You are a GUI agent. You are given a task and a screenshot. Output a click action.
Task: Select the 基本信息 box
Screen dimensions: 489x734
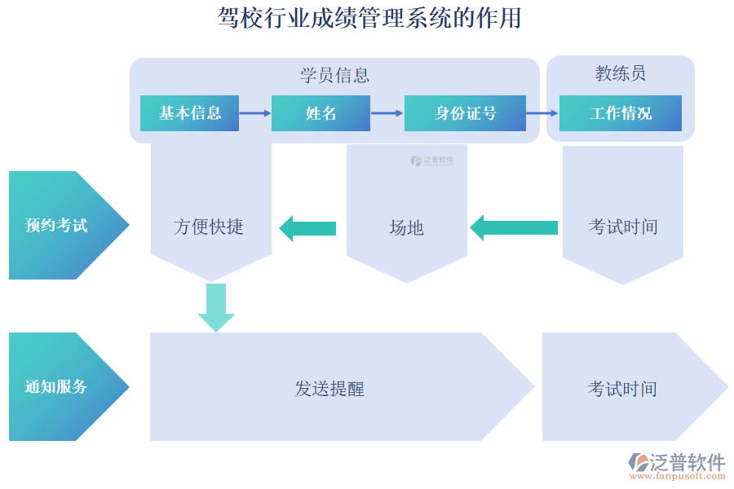click(189, 113)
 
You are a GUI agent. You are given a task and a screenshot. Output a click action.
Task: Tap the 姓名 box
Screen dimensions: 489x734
click(321, 113)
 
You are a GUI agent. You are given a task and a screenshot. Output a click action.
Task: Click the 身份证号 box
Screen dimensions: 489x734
click(465, 113)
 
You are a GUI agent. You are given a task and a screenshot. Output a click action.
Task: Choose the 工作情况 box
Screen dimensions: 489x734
click(620, 113)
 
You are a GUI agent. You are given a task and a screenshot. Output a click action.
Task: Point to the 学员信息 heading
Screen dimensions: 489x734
click(334, 76)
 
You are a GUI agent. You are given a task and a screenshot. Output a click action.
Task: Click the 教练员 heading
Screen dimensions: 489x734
click(620, 73)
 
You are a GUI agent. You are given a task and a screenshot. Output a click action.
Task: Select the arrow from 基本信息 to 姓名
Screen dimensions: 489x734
click(255, 113)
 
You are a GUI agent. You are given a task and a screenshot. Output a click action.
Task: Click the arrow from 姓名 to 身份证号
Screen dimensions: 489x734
click(387, 113)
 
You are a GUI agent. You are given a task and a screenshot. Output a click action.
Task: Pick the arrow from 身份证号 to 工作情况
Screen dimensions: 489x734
click(542, 113)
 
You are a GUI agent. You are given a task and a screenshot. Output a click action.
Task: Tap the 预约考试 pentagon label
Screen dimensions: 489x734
click(57, 226)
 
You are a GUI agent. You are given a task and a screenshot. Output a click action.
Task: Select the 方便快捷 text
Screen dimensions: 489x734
click(209, 227)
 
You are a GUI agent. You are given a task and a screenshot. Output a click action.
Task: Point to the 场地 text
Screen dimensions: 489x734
click(406, 227)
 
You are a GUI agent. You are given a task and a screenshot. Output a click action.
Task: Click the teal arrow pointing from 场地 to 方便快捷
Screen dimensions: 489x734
click(307, 227)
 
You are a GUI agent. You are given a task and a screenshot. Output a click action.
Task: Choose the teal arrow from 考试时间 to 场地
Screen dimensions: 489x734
click(514, 227)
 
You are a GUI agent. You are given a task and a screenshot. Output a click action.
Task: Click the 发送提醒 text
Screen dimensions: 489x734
click(329, 389)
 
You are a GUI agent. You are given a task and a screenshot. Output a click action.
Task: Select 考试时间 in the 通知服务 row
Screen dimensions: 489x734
click(621, 389)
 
